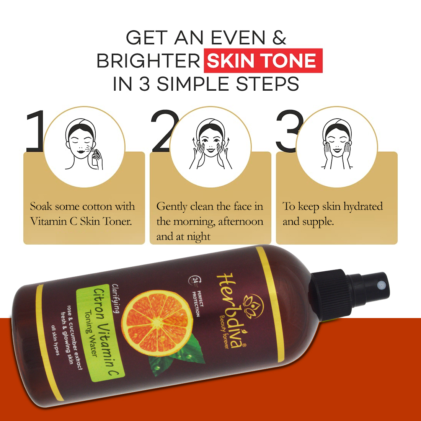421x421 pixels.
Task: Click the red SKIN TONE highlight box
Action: tap(263, 60)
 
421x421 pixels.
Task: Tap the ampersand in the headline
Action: tap(279, 38)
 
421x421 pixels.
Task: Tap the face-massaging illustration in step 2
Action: tap(211, 144)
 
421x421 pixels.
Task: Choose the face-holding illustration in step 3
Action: tap(337, 144)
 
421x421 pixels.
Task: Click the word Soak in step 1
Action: tap(41, 206)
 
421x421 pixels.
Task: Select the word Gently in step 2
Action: tap(172, 207)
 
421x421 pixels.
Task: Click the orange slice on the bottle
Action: tap(157, 322)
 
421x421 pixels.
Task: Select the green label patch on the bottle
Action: tap(100, 333)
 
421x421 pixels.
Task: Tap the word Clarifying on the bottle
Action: tap(116, 298)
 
